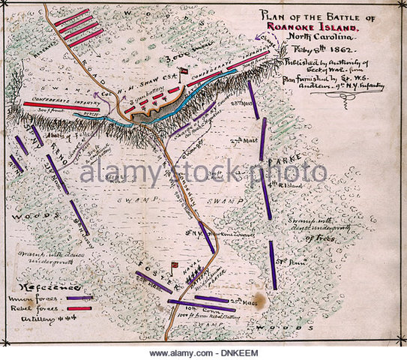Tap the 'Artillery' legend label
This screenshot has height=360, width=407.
(x=38, y=319)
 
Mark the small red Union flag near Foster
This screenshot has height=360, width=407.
(x=175, y=264)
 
